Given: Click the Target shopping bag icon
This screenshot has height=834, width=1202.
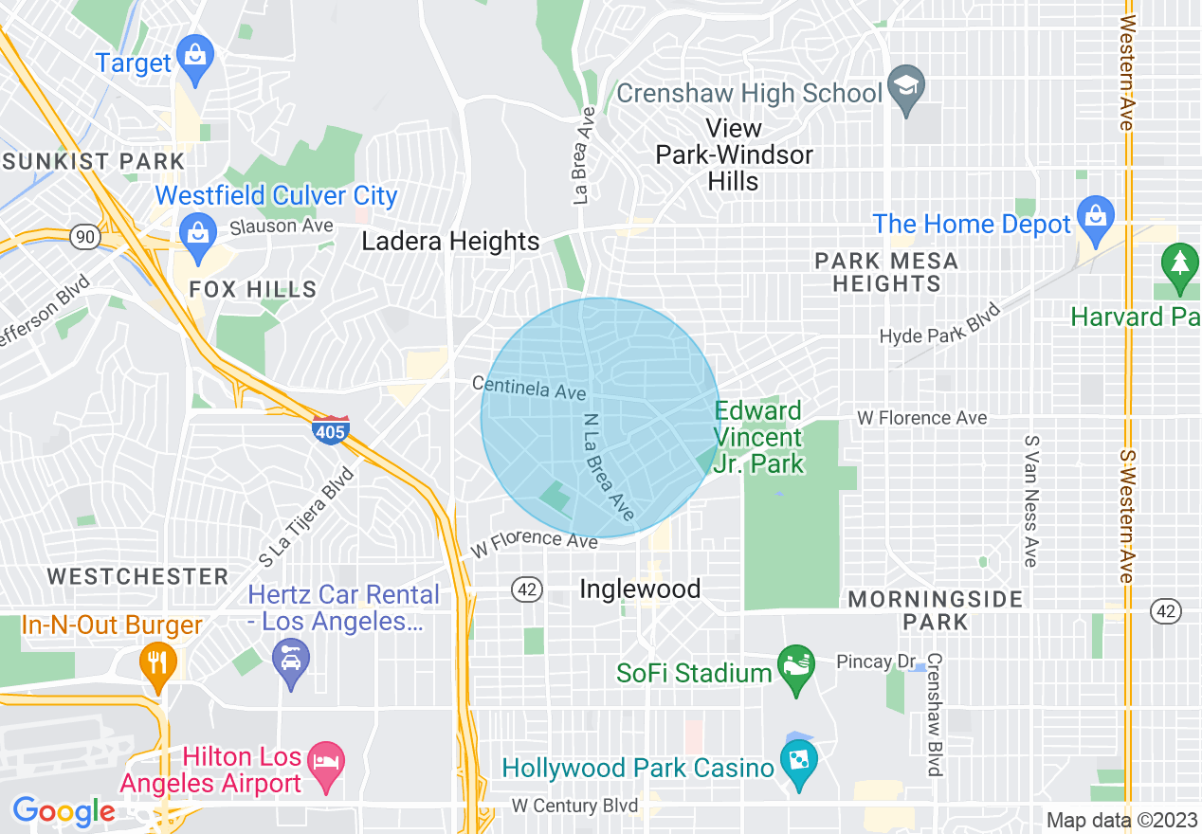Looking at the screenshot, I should (195, 55).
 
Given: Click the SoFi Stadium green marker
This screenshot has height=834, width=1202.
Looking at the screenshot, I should (795, 667).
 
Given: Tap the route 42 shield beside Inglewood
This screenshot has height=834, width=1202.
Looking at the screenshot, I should (528, 589).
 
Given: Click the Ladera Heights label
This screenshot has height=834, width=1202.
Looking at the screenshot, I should (450, 242).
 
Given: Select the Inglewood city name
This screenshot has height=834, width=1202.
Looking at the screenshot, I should (640, 589).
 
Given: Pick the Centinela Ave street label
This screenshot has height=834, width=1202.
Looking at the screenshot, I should (529, 388).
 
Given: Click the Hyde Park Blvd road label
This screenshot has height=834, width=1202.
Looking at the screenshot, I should (939, 324).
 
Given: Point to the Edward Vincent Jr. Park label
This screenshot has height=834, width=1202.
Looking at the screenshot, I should (758, 437).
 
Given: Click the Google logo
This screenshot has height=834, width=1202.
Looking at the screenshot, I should (64, 811).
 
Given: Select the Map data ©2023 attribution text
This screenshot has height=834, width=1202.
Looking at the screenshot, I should (1119, 820).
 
